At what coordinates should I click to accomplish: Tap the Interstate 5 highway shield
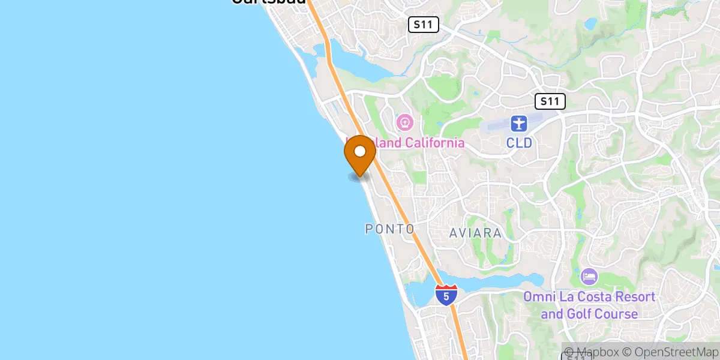446,294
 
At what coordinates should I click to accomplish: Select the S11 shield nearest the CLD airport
550,101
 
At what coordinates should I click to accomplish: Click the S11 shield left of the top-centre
424,25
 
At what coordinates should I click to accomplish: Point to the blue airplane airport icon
518,124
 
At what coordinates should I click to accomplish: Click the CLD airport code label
518,143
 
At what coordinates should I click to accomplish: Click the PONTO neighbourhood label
390,229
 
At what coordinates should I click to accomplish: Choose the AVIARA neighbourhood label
475,233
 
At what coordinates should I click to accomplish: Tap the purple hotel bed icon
589,277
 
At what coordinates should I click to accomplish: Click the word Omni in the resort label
539,297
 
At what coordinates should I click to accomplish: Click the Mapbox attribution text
590,352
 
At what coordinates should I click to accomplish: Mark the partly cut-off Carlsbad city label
268,2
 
